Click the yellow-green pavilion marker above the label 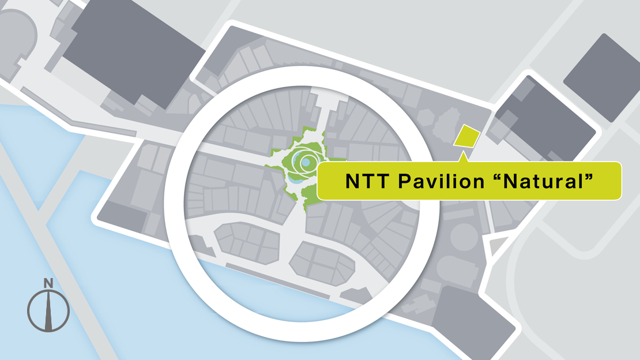[466, 136]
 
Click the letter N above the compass [48, 283]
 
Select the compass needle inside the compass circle [48, 312]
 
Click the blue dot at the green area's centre [305, 163]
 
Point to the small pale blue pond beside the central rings [294, 179]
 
